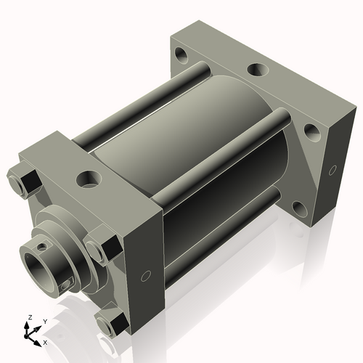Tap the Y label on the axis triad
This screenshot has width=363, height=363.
point(44,321)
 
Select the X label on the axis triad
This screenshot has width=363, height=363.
point(46,341)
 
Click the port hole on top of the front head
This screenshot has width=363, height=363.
point(89,178)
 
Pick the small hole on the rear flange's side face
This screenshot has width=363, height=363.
point(333,170)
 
